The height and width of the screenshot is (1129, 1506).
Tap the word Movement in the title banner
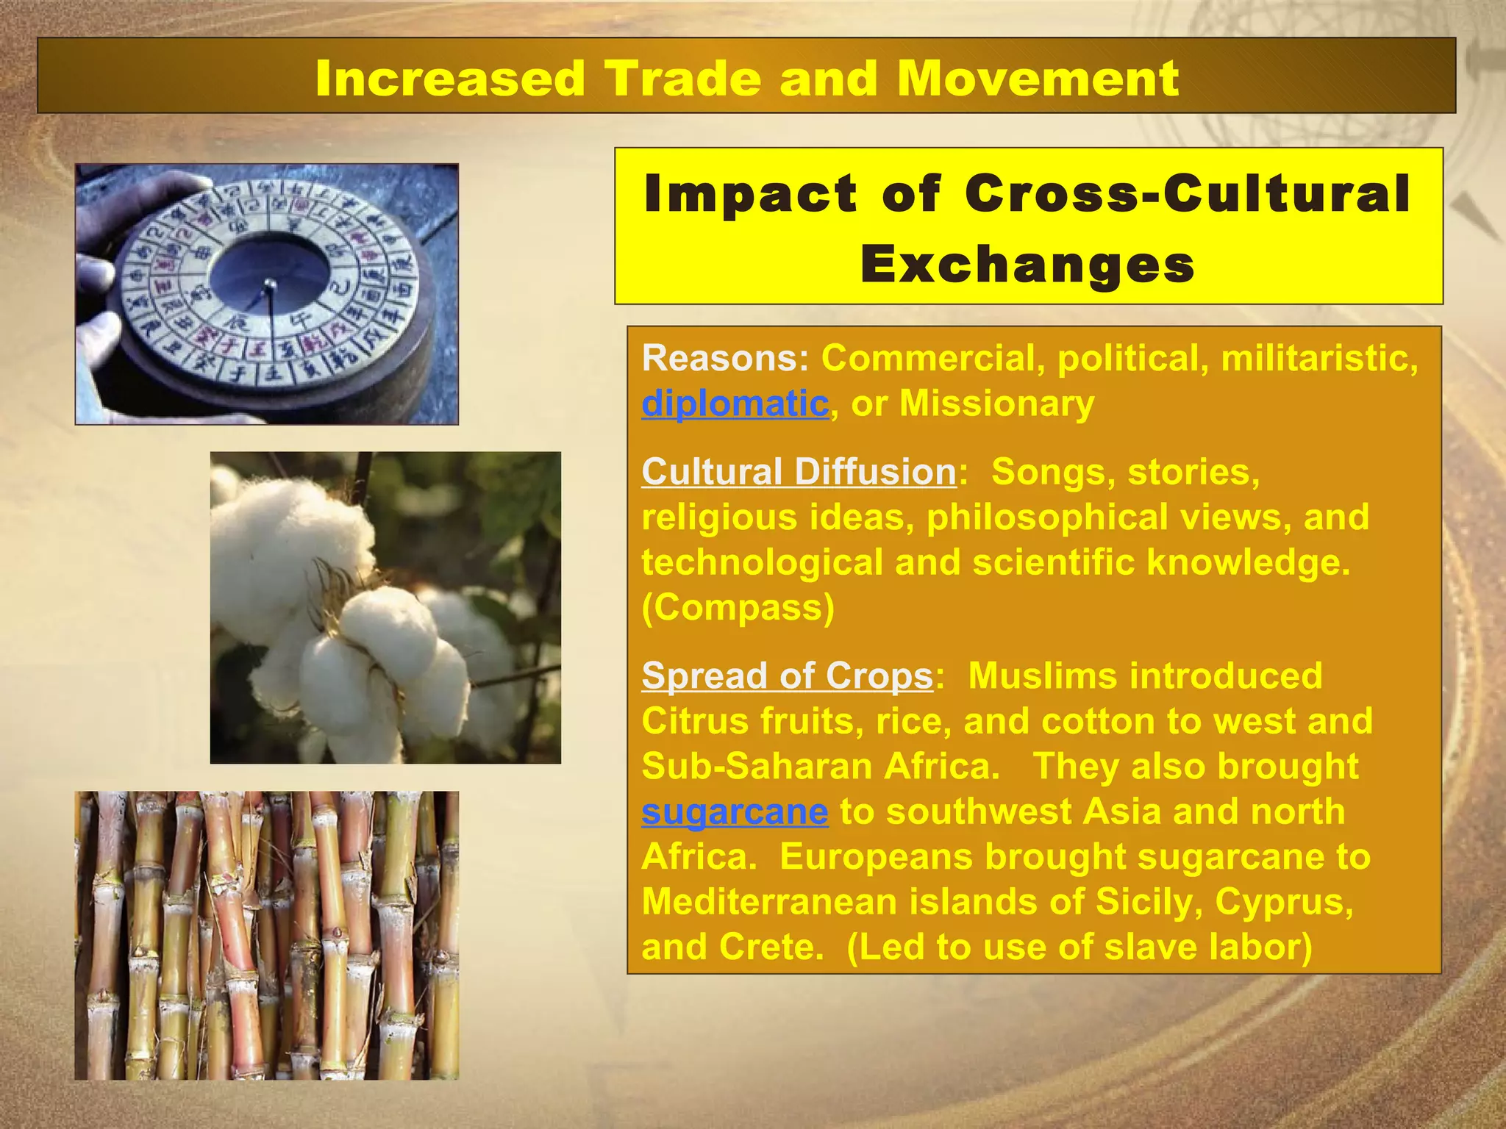tap(1038, 78)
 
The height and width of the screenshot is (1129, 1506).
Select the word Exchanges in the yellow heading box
tap(1027, 265)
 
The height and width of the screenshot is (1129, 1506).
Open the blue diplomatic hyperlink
tap(735, 404)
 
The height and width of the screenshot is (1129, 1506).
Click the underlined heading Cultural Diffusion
tap(799, 472)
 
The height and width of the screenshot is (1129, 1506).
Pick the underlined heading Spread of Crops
tap(787, 675)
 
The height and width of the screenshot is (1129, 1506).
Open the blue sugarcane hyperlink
tap(735, 811)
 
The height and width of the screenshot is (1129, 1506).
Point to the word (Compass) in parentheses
tap(738, 608)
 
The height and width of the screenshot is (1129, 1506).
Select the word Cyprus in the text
tap(1282, 902)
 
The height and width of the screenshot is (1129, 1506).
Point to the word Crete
tap(771, 947)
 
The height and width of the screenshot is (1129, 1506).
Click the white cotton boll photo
tap(385, 607)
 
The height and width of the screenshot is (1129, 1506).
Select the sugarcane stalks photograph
tap(266, 935)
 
